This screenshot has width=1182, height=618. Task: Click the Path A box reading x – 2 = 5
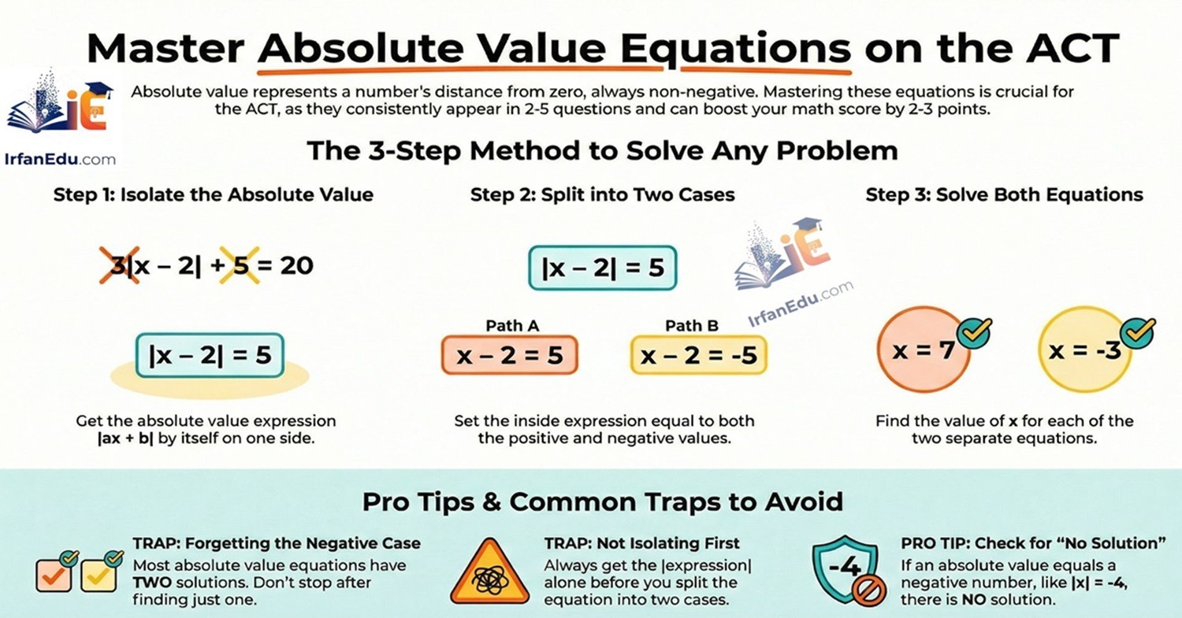(510, 355)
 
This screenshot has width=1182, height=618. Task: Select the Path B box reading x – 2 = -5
(698, 355)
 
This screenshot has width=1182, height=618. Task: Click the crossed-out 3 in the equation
(119, 265)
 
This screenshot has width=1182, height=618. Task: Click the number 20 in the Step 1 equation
(296, 265)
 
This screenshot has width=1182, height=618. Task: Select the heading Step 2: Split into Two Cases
(602, 194)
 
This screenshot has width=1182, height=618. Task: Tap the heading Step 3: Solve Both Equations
(1004, 194)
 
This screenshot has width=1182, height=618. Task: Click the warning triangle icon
(489, 572)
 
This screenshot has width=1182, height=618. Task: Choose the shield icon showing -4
(844, 569)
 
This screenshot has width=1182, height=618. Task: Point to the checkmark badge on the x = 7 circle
(972, 333)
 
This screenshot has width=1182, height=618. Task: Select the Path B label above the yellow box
(691, 325)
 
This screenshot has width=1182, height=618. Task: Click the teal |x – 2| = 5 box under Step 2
(602, 268)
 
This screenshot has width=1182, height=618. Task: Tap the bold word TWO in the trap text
(154, 583)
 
